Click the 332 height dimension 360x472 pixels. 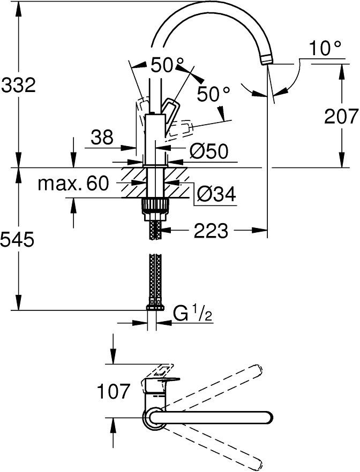(18, 84)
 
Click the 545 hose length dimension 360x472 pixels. (18, 240)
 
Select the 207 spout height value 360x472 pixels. (341, 116)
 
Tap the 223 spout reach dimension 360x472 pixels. (212, 231)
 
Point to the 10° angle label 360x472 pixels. (325, 50)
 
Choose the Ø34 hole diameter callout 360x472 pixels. (216, 195)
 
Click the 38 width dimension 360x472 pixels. (101, 138)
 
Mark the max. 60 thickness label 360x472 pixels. (73, 184)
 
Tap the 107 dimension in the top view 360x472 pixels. (113, 392)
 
